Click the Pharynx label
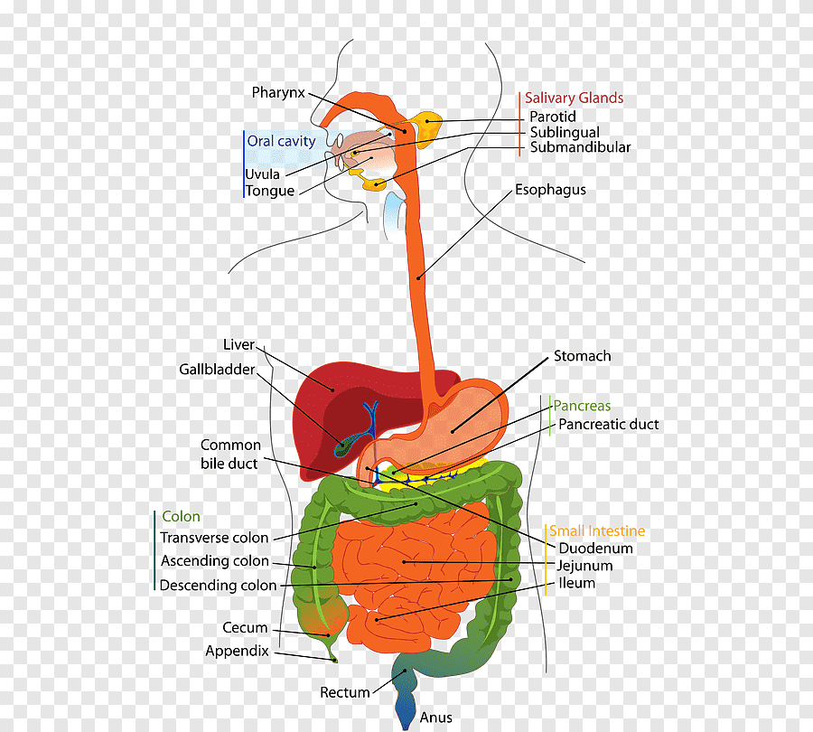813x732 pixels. click(x=278, y=92)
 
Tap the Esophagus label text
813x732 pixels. click(x=550, y=190)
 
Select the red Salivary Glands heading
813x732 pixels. click(x=574, y=98)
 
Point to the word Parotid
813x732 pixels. click(x=552, y=117)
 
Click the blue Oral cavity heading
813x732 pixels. click(x=282, y=141)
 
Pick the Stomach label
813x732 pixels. click(x=582, y=356)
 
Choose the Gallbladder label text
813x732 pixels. click(x=217, y=370)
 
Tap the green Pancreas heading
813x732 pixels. click(x=582, y=406)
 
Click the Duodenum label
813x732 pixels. click(x=595, y=548)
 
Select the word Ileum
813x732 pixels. click(x=576, y=583)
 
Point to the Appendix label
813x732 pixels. click(x=237, y=651)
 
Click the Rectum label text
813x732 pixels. click(x=345, y=692)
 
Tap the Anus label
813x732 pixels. click(x=435, y=718)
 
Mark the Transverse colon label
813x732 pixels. click(x=214, y=538)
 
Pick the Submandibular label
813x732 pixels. click(x=580, y=147)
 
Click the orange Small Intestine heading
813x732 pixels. click(x=597, y=531)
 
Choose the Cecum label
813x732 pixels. click(x=246, y=627)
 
